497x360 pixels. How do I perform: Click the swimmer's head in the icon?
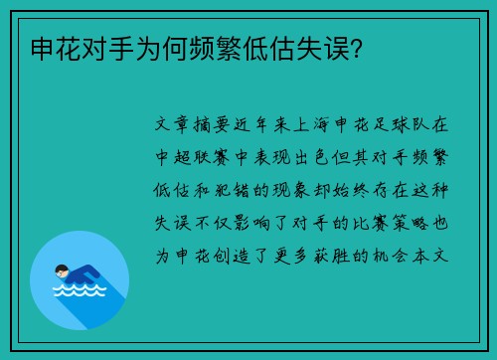(62, 269)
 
